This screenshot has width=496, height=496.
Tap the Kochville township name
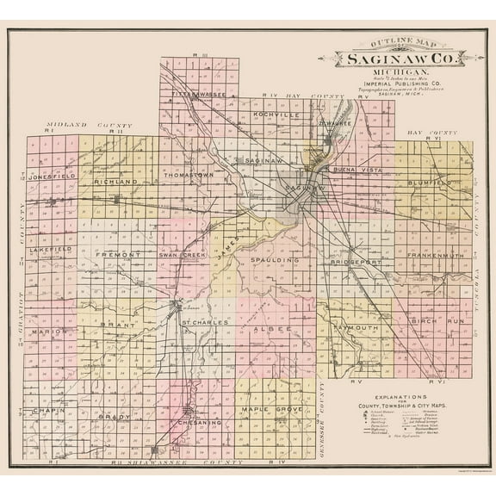(276, 114)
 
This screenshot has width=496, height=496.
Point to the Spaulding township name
(275, 259)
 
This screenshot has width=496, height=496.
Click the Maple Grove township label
(272, 408)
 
